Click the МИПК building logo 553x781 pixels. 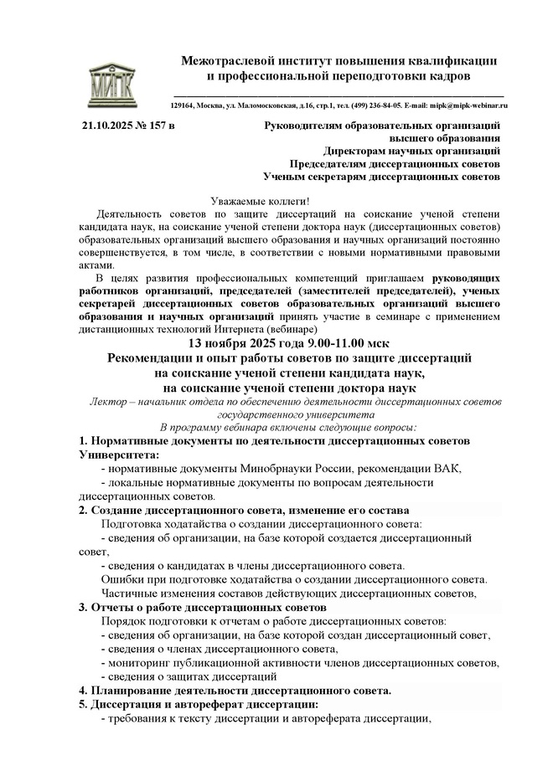pyautogui.click(x=110, y=81)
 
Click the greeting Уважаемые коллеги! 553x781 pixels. pyautogui.click(x=260, y=201)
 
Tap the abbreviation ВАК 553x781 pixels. pyautogui.click(x=442, y=468)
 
